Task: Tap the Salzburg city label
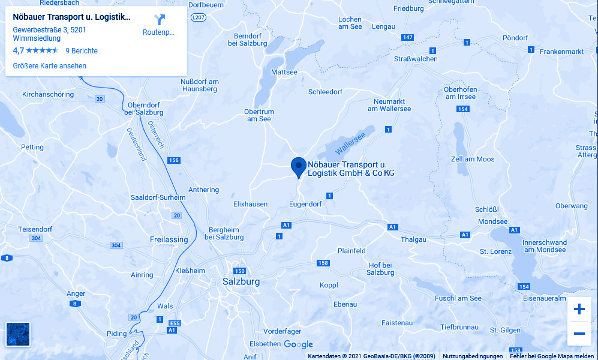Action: (241, 281)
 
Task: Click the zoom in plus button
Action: (579, 310)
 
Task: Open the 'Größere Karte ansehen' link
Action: (50, 66)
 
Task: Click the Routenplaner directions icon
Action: (159, 20)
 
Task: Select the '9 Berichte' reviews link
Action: (82, 51)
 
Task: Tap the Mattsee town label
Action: (284, 73)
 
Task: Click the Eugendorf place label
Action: (305, 204)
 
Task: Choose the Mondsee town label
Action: (492, 221)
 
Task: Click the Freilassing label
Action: (169, 239)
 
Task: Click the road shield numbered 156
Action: (174, 160)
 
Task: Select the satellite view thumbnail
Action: (17, 334)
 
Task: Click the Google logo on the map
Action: (298, 344)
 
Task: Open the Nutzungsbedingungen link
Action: (473, 356)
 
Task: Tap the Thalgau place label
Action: (413, 239)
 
